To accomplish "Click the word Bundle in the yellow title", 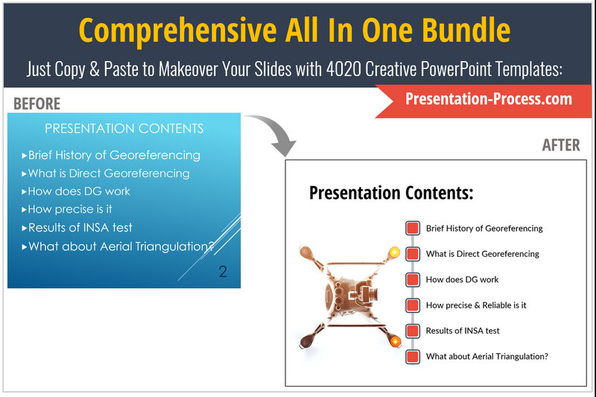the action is point(466,30).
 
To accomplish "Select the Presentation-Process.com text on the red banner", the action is point(489,99).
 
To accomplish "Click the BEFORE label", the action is point(37,104).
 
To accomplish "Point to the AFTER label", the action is point(561,145).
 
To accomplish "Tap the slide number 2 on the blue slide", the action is point(223,272).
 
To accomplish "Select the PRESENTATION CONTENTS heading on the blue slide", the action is point(124,128).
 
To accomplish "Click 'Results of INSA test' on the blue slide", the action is point(80,228).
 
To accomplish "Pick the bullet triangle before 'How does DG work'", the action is point(24,191).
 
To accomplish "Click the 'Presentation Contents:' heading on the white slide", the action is point(391,193).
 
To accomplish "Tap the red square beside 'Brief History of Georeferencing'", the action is point(413,229).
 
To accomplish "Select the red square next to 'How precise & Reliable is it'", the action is point(413,305).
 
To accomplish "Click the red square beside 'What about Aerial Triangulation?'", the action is point(413,357).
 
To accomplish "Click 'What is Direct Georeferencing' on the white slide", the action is point(482,254).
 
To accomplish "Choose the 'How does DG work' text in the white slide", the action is point(462,279).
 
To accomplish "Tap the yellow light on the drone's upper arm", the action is point(395,252).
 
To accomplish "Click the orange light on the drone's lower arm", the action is point(396,341).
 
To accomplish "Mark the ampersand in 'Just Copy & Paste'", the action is point(95,69).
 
